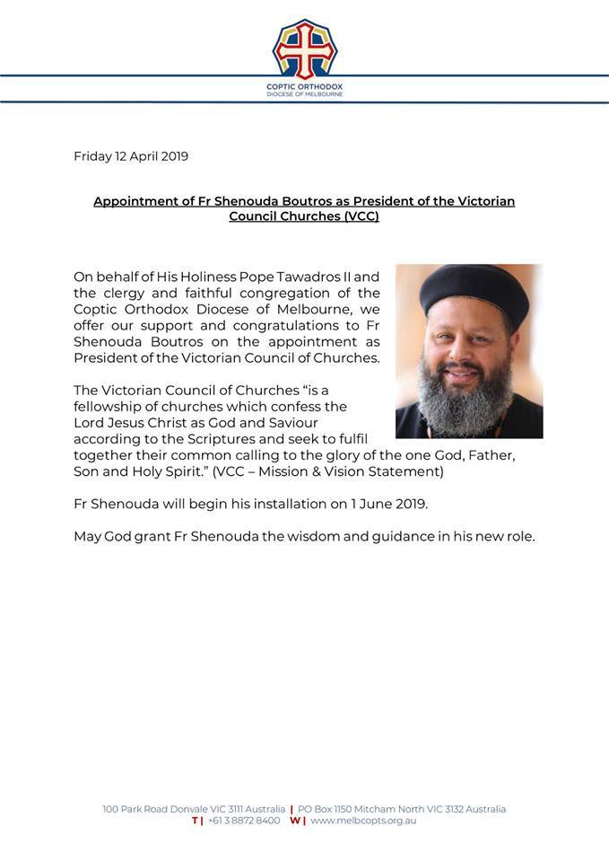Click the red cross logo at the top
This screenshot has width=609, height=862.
pos(305,48)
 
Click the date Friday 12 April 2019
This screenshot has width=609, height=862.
pos(131,155)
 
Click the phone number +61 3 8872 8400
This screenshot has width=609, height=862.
pos(243,821)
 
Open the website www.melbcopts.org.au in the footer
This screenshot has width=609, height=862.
pos(362,821)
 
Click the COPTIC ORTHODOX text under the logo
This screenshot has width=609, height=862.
pos(305,87)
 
